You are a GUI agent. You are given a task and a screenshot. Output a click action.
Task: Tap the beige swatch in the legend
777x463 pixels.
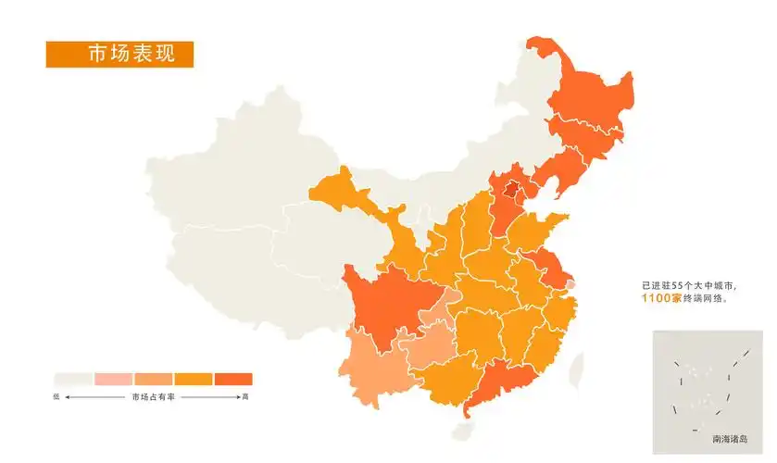[x=72, y=379]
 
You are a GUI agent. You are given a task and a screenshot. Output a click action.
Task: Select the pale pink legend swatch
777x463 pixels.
[x=113, y=379]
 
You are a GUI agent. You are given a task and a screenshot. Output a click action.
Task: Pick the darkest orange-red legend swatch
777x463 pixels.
[x=233, y=379]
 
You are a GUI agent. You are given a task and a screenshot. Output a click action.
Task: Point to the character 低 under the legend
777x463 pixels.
[x=56, y=396]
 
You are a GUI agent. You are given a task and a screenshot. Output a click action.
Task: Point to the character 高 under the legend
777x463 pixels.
[x=244, y=396]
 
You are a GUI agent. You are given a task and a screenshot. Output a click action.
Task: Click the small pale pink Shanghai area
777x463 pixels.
[x=570, y=284]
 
